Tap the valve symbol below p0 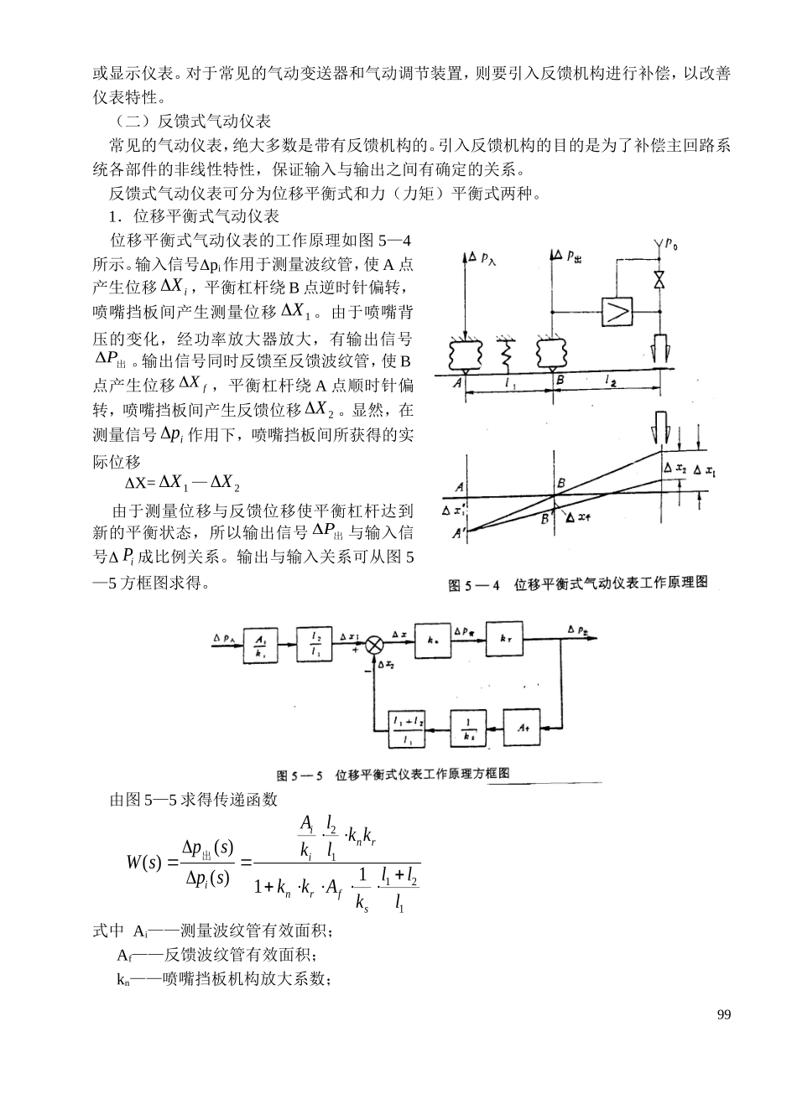point(659,281)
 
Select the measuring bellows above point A point(466,355)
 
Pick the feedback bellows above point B point(554,355)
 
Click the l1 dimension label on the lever point(510,383)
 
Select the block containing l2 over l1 point(315,645)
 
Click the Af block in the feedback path point(522,727)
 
